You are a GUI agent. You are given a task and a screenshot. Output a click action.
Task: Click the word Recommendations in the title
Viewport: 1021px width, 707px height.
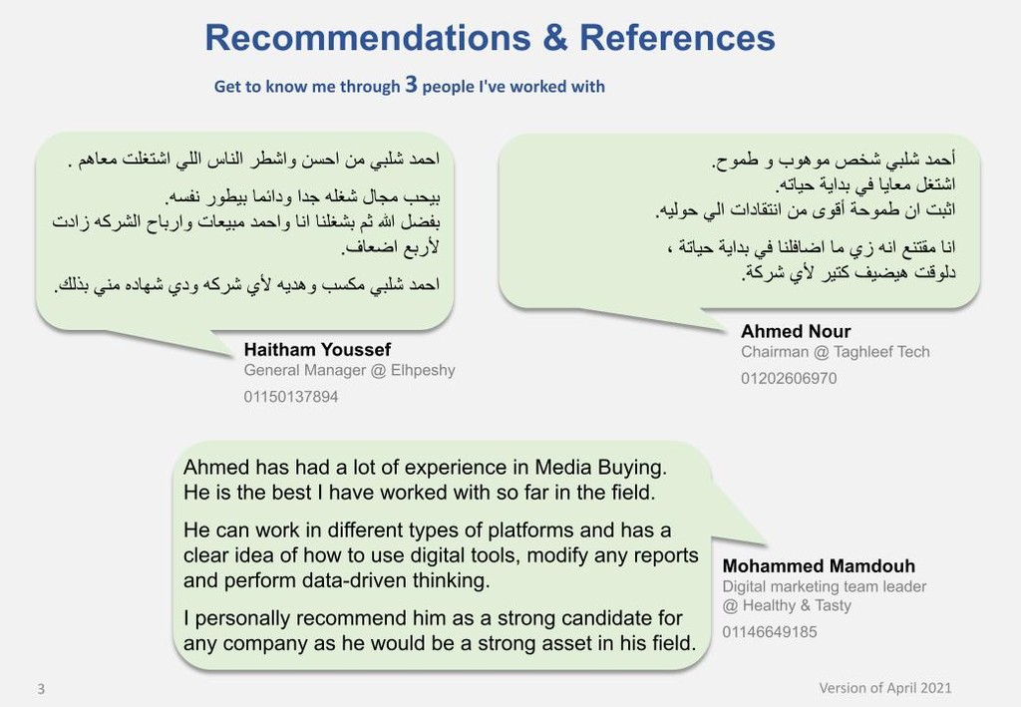[368, 37]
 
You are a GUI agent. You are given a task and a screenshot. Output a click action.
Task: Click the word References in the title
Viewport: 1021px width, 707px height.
[677, 37]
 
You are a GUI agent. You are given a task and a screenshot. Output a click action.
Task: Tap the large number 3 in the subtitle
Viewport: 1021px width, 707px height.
[411, 84]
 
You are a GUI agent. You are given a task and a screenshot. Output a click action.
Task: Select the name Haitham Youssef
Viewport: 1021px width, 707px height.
[317, 350]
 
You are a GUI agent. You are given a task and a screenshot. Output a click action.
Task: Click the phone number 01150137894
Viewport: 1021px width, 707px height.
[291, 397]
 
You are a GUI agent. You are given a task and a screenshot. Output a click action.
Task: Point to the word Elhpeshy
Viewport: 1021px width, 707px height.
[423, 370]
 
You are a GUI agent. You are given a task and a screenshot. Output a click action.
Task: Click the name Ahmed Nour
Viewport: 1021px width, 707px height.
[796, 331]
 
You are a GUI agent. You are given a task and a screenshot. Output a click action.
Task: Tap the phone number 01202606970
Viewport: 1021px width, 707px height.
[789, 378]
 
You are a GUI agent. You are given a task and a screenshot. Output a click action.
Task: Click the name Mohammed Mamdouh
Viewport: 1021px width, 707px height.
[819, 565]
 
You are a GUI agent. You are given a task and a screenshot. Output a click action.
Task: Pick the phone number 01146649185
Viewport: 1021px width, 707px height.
[770, 631]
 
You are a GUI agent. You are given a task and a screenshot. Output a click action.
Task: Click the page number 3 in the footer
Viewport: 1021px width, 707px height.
[41, 689]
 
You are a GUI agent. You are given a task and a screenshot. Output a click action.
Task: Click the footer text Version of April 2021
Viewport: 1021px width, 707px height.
[885, 688]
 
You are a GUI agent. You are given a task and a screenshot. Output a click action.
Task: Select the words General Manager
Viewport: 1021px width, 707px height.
[305, 370]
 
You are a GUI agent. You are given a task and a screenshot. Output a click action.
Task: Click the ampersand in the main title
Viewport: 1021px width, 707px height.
[554, 37]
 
